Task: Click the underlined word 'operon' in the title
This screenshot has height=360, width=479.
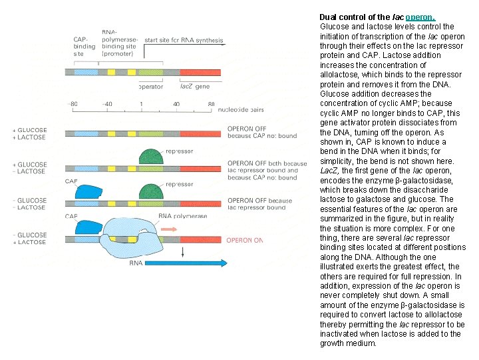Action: pyautogui.click(x=420, y=17)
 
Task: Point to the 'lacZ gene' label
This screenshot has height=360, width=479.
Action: pyautogui.click(x=195, y=87)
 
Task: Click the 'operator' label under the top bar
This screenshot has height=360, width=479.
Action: pyautogui.click(x=151, y=87)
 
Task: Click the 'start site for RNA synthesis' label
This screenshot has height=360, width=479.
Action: pyautogui.click(x=184, y=40)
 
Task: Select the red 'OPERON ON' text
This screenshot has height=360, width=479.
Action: pyautogui.click(x=245, y=240)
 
